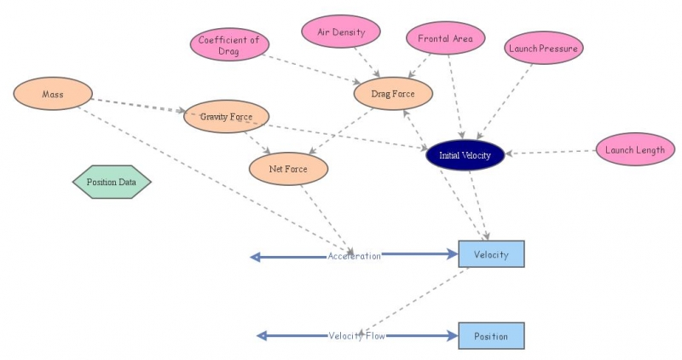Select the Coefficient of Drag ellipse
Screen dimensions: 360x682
click(228, 44)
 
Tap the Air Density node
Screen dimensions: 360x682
click(341, 32)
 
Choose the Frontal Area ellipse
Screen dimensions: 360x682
click(445, 38)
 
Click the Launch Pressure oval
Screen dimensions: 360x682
click(543, 49)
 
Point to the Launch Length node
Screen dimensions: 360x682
click(634, 150)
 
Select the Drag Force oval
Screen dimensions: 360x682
click(393, 94)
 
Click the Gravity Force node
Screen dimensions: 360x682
click(226, 116)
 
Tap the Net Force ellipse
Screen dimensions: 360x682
click(288, 169)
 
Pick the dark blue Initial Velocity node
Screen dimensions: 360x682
click(465, 155)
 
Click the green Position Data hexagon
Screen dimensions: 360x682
click(112, 182)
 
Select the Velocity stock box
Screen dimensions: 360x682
click(491, 255)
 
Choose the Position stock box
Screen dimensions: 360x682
click(491, 336)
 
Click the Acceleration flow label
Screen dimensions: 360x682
click(354, 256)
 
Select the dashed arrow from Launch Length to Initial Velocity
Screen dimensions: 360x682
click(550, 153)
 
